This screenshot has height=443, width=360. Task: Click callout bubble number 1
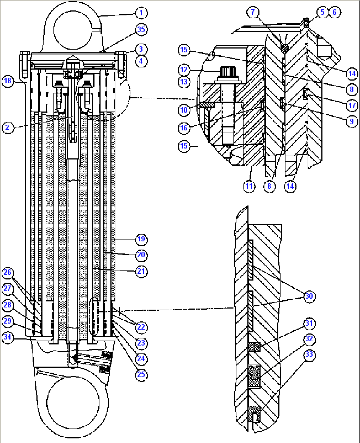[141, 13]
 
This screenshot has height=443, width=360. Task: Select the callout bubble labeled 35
[141, 29]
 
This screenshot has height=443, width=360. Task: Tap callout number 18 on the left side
[7, 81]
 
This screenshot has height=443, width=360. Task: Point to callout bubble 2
[7, 127]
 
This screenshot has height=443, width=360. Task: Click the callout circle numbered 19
[141, 239]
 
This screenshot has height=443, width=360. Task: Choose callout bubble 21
[141, 271]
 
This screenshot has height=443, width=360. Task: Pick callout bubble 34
[7, 337]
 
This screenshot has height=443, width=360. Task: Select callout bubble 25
[141, 374]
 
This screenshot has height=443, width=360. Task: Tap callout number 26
[7, 273]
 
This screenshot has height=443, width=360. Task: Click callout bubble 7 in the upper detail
[253, 12]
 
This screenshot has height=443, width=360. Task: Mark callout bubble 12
[184, 70]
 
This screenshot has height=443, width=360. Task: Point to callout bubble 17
[352, 105]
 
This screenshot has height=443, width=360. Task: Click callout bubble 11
[249, 186]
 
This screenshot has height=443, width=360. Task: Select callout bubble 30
[309, 296]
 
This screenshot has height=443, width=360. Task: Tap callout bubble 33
[309, 354]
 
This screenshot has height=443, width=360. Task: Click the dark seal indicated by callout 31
[254, 347]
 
